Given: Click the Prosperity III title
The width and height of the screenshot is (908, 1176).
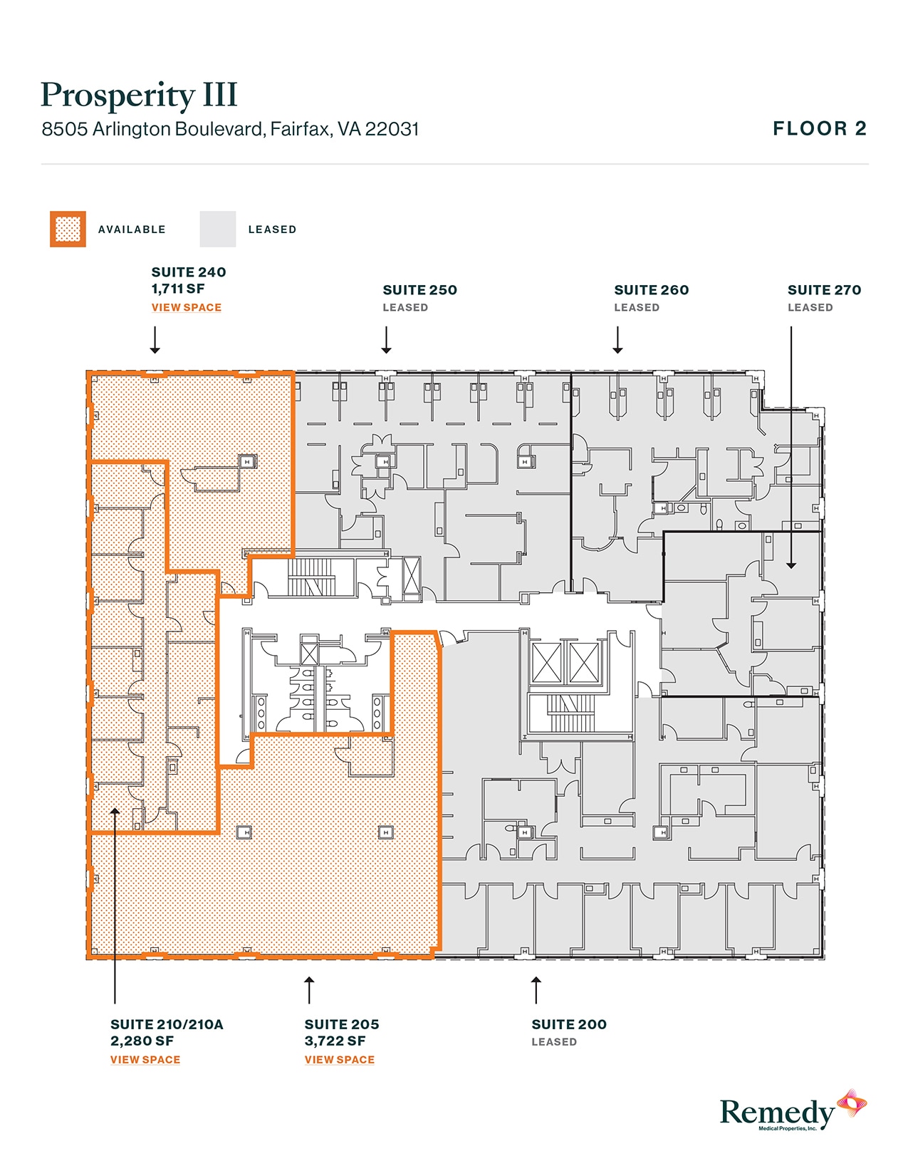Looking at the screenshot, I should [x=139, y=96].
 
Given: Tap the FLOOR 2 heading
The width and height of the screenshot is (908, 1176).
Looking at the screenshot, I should [x=820, y=129].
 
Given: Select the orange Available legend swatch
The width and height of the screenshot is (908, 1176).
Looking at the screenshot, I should [x=68, y=229].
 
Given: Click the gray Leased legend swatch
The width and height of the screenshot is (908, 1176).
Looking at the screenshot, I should [x=217, y=229].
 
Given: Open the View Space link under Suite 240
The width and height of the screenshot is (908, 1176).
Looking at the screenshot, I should [x=187, y=308].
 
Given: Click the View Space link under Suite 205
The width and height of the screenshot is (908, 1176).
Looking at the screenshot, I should [x=340, y=1060].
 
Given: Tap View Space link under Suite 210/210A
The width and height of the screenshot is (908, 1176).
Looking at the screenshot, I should [x=145, y=1060].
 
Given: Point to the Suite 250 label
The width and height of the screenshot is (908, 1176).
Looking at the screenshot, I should [x=419, y=290].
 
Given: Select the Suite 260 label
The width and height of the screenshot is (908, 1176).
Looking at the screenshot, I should [x=652, y=290].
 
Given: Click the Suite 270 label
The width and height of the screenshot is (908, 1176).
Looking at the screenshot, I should [x=824, y=290].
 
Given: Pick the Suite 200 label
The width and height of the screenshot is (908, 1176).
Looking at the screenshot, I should [x=569, y=1024].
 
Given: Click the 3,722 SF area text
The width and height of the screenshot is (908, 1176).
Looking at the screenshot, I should [x=335, y=1041].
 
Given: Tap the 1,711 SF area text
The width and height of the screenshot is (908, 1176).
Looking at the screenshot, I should [x=178, y=289].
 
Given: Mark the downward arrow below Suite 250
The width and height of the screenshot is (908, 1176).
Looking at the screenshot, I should [x=386, y=341].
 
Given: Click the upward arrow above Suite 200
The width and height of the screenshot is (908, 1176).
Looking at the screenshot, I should [x=536, y=989].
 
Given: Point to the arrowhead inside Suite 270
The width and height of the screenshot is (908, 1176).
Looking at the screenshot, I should [x=791, y=564].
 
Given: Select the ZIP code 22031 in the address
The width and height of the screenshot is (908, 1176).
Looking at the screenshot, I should [x=392, y=129].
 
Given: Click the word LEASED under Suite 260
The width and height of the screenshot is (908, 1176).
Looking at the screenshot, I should [x=637, y=308].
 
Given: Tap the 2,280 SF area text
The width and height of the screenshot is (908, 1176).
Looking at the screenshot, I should [x=142, y=1041].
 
